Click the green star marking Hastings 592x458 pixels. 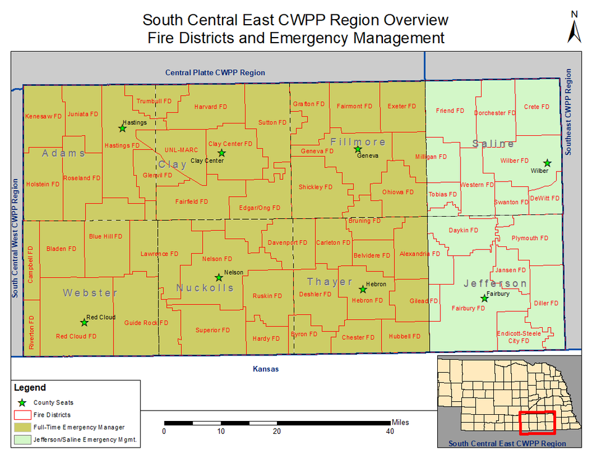pos(122,128)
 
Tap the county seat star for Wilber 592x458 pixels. pos(546,163)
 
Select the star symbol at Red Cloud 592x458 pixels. pos(84,322)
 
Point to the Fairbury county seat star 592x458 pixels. pos(485,299)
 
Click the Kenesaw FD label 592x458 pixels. pos(43,116)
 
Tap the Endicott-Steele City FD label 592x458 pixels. pos(519,337)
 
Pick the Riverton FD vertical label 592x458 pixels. pos(31,333)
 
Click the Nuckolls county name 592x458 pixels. pos(205,288)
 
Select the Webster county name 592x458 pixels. pos(90,293)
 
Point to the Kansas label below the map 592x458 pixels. pos(266,369)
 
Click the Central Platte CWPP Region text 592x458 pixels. pos(215,73)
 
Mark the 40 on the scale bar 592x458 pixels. pos(390,431)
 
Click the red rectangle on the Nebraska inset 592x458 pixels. pos(537,423)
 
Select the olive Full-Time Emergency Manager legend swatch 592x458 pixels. pos(23,427)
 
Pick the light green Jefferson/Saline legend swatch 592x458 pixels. pos(23,440)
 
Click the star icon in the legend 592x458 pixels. pos(23,402)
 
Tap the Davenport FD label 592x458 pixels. pos(287,243)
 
